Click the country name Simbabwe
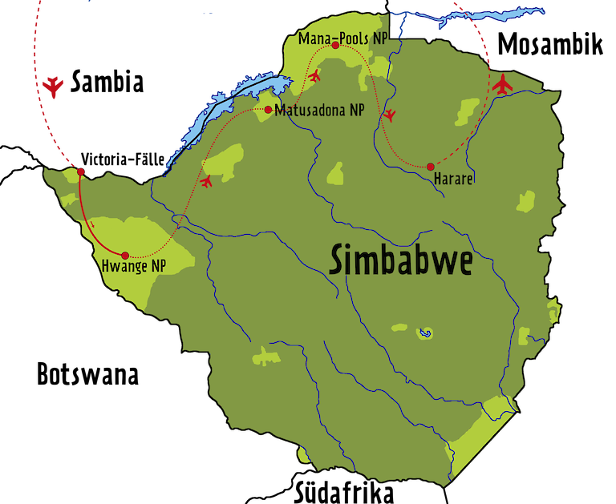tap(400, 261)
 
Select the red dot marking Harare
tap(431, 166)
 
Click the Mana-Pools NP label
tap(342, 37)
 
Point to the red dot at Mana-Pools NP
tap(335, 46)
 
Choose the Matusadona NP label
tap(318, 111)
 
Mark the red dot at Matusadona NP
tap(267, 109)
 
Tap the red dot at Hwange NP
tap(124, 256)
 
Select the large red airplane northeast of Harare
tap(503, 83)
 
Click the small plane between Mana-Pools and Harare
tap(390, 115)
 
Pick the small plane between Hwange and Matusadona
tap(206, 182)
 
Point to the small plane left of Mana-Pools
tap(314, 76)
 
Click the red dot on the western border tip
tap(81, 171)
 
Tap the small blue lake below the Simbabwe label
tap(425, 332)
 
